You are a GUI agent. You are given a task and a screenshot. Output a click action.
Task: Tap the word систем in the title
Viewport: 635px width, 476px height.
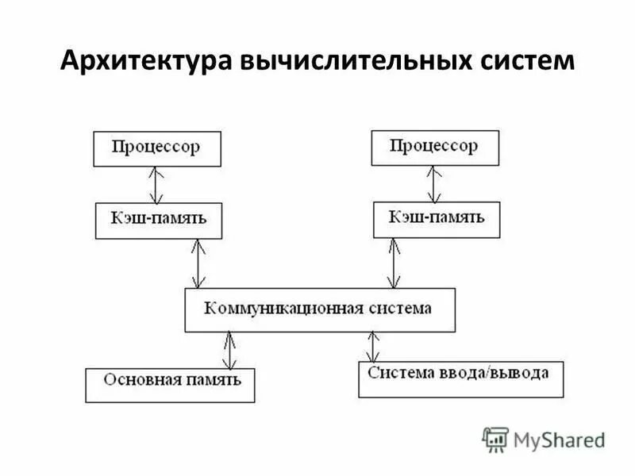(x=519, y=61)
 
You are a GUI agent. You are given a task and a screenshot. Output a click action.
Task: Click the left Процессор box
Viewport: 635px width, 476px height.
(x=157, y=148)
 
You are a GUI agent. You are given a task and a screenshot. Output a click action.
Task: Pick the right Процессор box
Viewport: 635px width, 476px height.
(x=435, y=147)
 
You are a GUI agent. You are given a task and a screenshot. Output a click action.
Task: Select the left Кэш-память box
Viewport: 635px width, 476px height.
(x=158, y=220)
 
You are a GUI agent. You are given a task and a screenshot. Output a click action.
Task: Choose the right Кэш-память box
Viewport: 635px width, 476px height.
(x=437, y=218)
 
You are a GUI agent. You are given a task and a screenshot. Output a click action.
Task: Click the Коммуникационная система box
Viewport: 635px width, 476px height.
(x=320, y=309)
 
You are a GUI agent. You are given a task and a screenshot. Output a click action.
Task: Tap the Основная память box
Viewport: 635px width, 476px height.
(x=170, y=384)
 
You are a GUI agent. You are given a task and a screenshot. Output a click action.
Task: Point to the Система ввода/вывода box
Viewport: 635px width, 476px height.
(x=460, y=378)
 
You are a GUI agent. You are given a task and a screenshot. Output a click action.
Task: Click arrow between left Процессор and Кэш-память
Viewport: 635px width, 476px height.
(x=156, y=184)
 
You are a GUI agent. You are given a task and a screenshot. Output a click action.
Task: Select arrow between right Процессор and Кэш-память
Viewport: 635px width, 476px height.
(x=433, y=183)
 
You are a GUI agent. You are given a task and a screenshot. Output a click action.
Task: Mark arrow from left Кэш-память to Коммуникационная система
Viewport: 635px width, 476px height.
(x=198, y=263)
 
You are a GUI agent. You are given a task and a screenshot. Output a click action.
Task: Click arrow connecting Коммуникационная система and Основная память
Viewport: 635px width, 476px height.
(x=229, y=350)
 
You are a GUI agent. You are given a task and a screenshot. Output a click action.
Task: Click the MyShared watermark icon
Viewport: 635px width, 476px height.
(x=495, y=440)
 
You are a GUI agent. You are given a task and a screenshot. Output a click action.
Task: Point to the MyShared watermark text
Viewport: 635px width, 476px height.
(x=559, y=440)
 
